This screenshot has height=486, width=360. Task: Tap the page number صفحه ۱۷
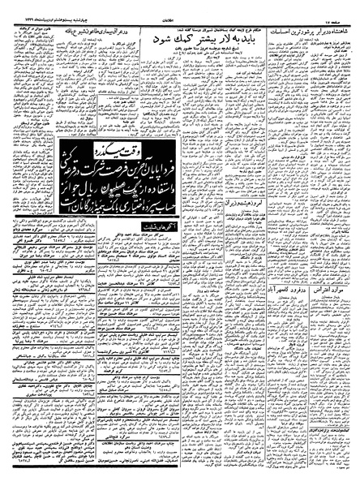click(342, 8)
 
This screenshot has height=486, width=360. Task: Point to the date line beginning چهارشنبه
click(40, 8)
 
